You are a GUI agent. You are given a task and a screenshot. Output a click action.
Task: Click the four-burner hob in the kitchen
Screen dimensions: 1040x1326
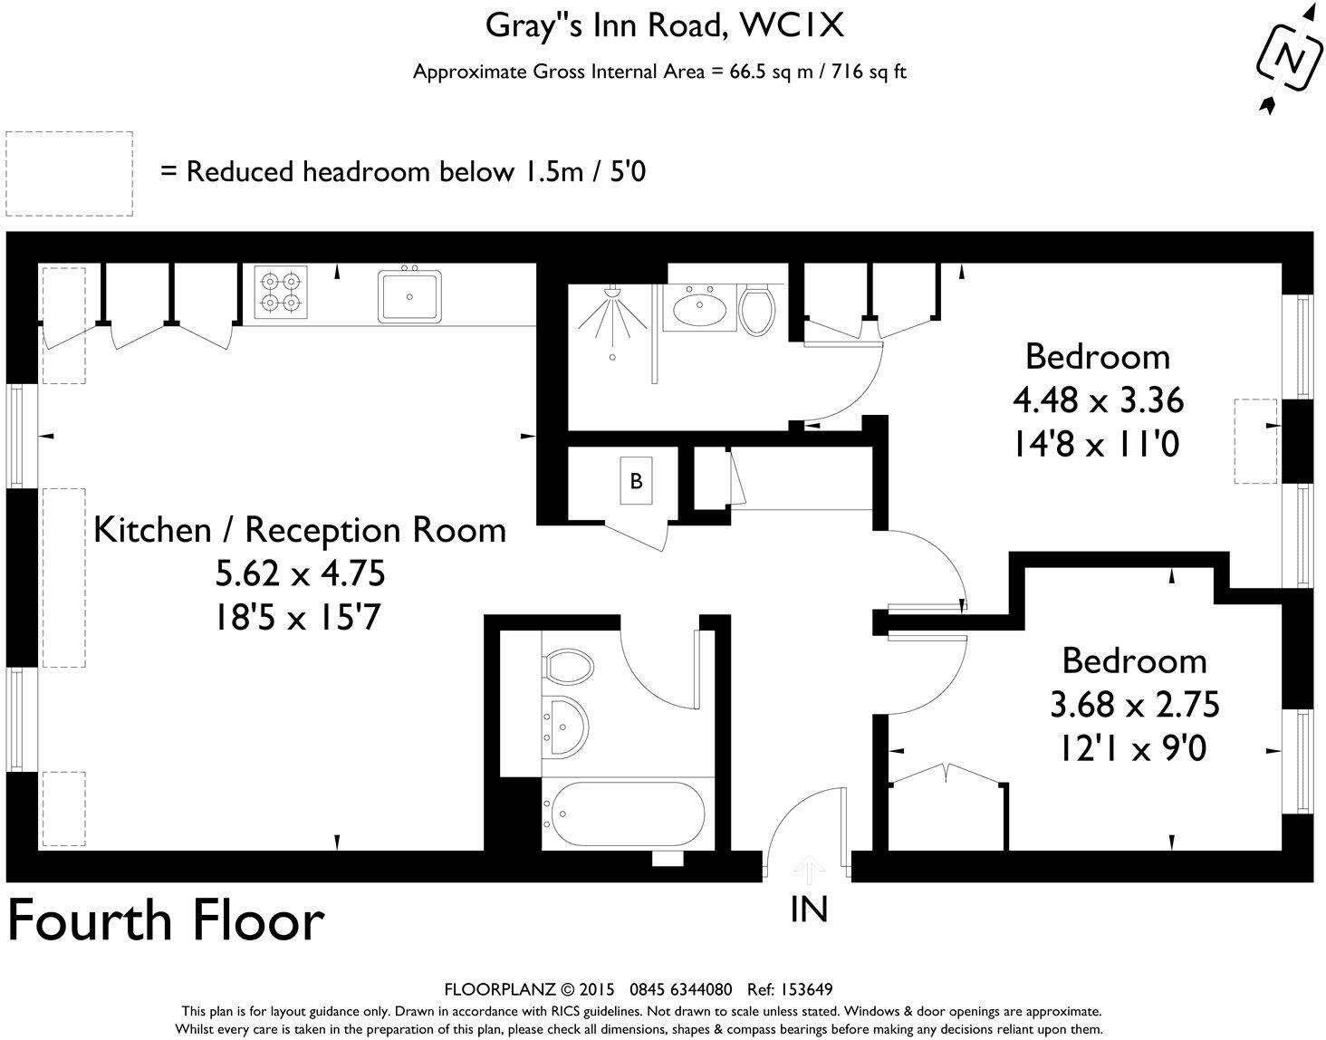[x=280, y=292]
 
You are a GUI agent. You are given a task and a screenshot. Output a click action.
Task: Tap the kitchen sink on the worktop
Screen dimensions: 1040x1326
[x=410, y=296]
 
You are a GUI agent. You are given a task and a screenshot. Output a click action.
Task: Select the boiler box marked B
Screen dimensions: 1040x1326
[x=636, y=481]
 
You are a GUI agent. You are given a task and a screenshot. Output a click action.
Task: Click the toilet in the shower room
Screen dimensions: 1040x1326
[x=756, y=309]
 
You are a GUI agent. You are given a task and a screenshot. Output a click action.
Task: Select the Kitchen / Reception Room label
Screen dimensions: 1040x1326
[x=300, y=529]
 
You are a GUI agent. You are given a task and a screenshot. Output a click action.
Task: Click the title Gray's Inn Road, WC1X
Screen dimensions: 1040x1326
[x=664, y=25]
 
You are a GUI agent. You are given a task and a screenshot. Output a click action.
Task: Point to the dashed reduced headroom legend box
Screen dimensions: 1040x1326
[x=69, y=173]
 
